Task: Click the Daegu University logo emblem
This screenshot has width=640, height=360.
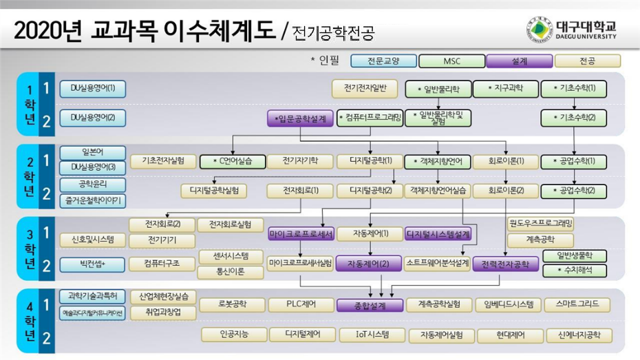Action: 540,30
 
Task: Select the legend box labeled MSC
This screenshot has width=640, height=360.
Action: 451,61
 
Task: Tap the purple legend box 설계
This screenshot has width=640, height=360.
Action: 520,61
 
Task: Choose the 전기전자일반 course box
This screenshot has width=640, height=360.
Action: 365,88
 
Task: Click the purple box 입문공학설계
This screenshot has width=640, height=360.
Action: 301,118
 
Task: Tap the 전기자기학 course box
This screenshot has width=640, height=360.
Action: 300,162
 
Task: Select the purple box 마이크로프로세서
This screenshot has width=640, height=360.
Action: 301,235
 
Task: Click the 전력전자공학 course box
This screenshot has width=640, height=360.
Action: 505,264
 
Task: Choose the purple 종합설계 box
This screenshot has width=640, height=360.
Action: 369,304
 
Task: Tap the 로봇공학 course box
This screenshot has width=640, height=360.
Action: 232,304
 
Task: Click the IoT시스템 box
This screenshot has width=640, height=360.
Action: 369,335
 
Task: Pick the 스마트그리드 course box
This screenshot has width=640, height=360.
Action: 577,304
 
